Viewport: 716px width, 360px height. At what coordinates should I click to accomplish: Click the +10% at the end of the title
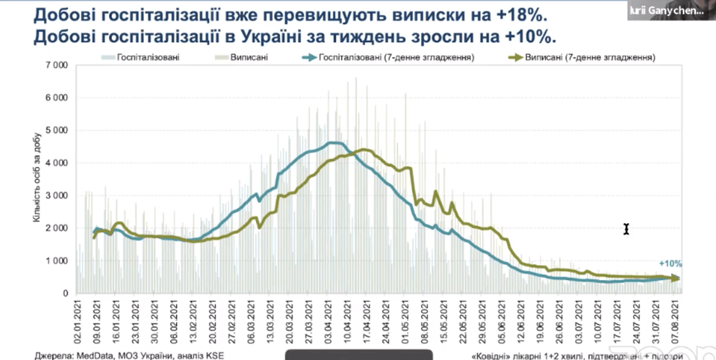528,37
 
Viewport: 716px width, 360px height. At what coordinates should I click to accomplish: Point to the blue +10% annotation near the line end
670,263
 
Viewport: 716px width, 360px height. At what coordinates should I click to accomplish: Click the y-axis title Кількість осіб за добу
37,180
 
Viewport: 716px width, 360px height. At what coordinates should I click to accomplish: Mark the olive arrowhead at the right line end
675,278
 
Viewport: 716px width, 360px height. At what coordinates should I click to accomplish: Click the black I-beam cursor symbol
626,229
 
